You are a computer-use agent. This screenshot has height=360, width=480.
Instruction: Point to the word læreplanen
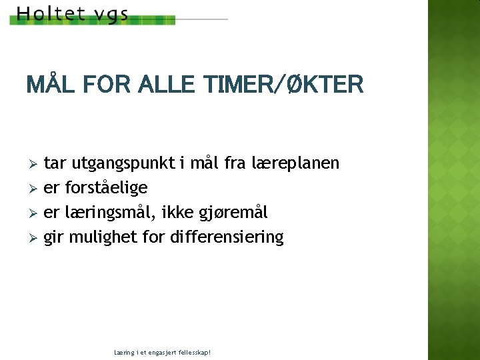coord(295,163)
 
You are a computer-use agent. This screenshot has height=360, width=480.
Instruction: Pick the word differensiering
coord(227,237)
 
